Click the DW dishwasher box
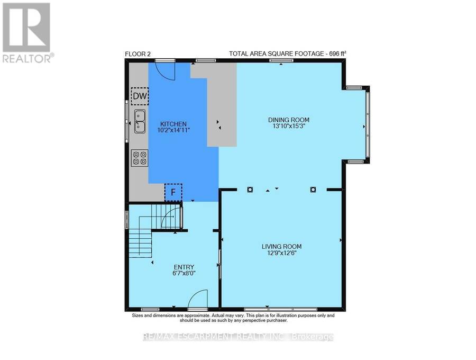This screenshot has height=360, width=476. click(x=140, y=96)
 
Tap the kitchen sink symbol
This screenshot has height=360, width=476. click(x=140, y=122)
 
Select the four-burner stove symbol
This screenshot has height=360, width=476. click(x=140, y=158)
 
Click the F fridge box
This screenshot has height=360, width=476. click(x=173, y=192)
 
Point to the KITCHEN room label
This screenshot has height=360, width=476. click(x=173, y=124)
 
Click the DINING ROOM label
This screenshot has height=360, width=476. click(x=289, y=120)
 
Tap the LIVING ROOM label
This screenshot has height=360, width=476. click(x=282, y=246)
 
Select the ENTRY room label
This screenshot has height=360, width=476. click(x=184, y=267)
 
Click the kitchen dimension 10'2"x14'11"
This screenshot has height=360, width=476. click(x=173, y=130)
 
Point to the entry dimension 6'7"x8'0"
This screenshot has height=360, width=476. click(x=184, y=273)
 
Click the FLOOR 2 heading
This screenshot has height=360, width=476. click(x=138, y=54)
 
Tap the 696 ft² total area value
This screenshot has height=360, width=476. click(x=336, y=54)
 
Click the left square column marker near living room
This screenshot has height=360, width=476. click(x=250, y=190)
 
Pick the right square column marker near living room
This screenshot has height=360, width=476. click(x=313, y=190)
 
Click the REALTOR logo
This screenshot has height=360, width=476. click(x=28, y=33)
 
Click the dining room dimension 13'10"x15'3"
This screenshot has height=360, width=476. click(x=289, y=126)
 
